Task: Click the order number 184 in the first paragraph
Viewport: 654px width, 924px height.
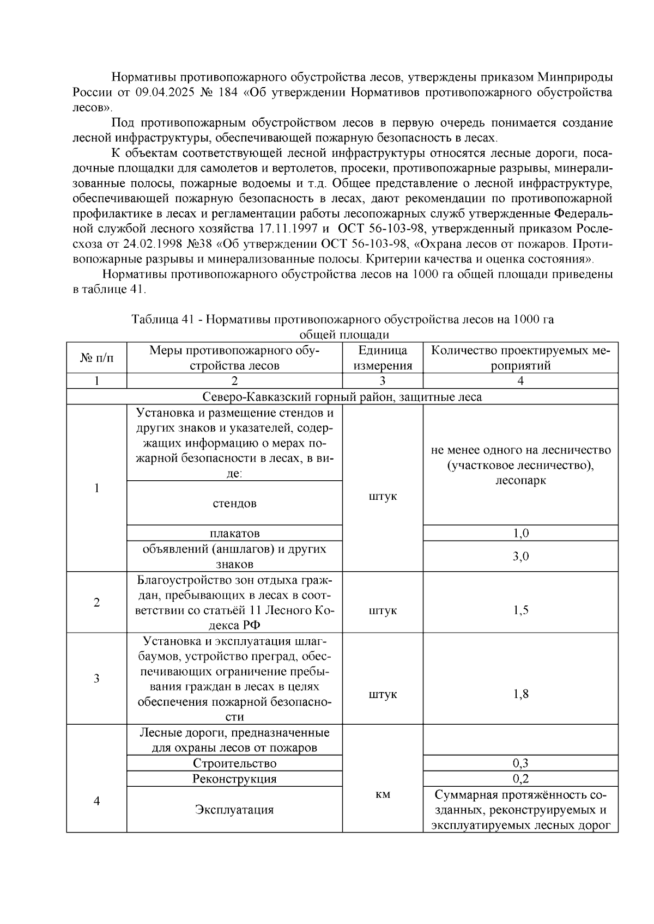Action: pos(227,93)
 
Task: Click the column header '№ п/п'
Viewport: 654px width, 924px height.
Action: pos(96,358)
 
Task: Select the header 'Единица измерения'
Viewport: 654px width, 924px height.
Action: pos(383,358)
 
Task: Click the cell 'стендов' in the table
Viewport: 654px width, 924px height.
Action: pos(234,504)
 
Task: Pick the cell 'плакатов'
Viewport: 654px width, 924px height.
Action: pos(234,533)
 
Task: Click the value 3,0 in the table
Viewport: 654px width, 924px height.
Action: pos(520,556)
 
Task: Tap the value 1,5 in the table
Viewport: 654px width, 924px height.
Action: pos(520,610)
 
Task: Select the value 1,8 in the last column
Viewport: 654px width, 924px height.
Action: pos(520,694)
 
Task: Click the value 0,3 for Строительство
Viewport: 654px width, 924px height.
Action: pos(520,763)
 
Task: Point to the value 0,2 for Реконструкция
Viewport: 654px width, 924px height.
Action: pos(520,779)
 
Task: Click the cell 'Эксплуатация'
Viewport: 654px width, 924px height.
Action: pos(234,810)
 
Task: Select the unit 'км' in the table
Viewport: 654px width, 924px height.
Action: pos(383,795)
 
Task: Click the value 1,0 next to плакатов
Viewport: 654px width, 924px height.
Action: pos(520,533)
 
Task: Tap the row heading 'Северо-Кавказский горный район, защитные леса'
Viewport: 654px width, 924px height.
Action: pos(342,396)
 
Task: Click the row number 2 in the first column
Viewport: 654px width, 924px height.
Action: pos(96,602)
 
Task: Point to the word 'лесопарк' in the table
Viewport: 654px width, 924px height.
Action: pos(520,481)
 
